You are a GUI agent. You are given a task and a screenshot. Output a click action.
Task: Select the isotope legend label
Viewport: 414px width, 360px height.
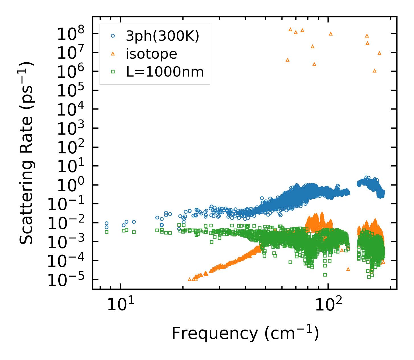pos(151,54)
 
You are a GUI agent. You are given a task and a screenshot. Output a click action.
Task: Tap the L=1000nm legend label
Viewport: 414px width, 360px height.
pos(165,72)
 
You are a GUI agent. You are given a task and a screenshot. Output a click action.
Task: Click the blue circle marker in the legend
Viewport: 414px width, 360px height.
pos(113,36)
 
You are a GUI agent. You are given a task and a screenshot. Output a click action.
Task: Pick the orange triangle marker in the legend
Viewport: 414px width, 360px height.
pos(113,54)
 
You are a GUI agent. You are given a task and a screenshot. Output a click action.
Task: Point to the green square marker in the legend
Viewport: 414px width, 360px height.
pos(113,72)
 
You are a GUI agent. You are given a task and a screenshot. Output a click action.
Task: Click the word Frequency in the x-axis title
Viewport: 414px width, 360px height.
pos(215,334)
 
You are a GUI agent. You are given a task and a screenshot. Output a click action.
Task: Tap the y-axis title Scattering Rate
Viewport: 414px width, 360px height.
pos(26,153)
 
